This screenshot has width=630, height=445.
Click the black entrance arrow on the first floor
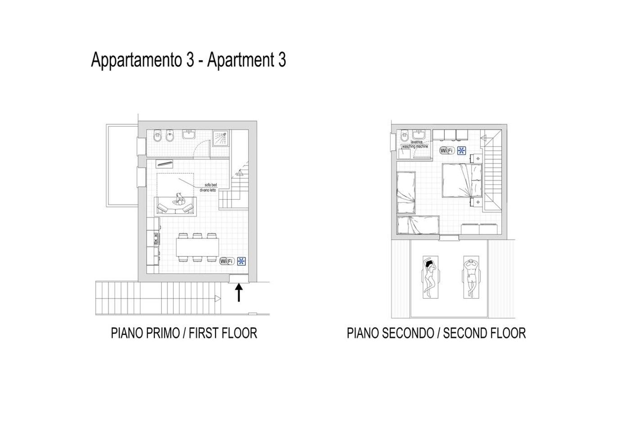point(238,292)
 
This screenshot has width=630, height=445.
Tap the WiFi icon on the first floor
point(227,261)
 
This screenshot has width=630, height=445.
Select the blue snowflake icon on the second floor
point(461,150)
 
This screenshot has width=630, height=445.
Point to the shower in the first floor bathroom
point(221,138)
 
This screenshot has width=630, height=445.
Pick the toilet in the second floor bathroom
point(404,136)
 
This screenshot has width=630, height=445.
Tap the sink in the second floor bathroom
point(421,135)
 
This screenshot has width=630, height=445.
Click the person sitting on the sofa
point(178,200)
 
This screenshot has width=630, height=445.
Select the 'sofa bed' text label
point(211,185)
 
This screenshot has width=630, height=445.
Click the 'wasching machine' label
point(415,146)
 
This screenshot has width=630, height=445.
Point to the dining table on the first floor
point(198,247)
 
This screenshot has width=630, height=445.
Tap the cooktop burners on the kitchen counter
point(156,239)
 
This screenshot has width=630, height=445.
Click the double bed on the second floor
point(462,180)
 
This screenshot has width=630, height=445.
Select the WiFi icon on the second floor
point(447,150)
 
